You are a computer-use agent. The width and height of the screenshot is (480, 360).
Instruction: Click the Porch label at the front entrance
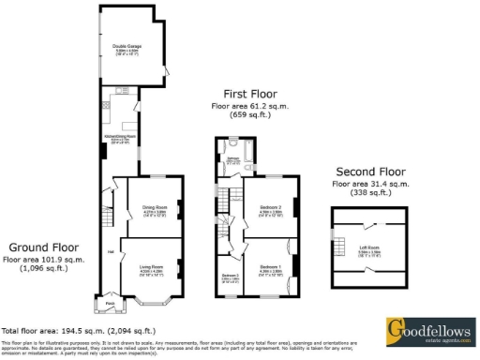point(109,303)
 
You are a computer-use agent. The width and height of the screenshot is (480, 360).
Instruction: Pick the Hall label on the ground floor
point(111,251)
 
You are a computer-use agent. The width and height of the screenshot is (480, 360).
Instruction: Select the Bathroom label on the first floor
point(232,158)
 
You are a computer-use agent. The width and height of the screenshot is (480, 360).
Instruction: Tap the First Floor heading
point(251,95)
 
